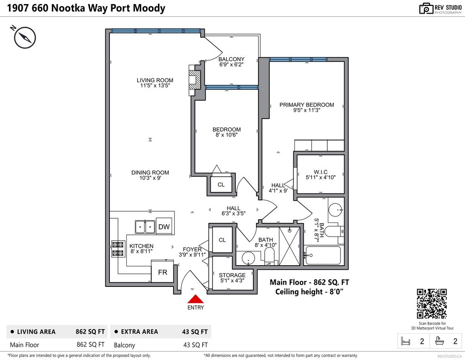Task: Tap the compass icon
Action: (25, 37)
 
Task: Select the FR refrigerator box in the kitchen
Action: (162, 273)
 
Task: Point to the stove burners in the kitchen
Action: (118, 249)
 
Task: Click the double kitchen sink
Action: (145, 226)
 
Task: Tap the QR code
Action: (432, 304)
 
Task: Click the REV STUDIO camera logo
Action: (426, 8)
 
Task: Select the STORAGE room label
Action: (232, 275)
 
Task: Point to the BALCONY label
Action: (232, 59)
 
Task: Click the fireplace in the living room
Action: (195, 80)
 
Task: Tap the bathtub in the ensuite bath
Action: (323, 255)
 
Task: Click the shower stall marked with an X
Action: (289, 245)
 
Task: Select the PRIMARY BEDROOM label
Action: (307, 105)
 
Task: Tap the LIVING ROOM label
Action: (155, 80)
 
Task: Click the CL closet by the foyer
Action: (222, 240)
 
